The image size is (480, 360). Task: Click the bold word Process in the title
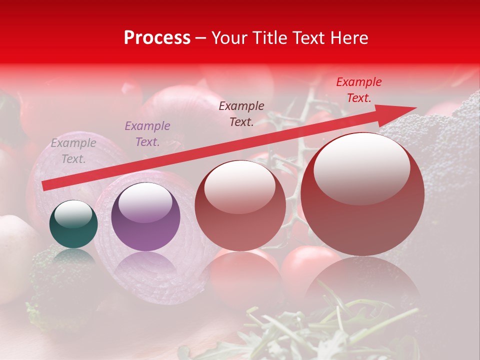coord(157,38)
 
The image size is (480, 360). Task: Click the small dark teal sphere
coord(73,224)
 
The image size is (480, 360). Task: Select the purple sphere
coord(145,217)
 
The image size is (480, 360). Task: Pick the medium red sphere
coord(240,205)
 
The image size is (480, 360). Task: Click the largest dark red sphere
coord(362,194)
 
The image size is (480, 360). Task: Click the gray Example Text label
coord(73,151)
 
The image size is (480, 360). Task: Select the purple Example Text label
coord(147,133)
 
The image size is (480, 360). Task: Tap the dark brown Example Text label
coord(241,113)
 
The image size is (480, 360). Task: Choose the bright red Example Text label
coord(359,90)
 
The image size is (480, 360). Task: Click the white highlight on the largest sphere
coord(362,167)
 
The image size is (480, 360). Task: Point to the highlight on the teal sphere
coord(73,214)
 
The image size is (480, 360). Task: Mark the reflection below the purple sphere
coord(145,267)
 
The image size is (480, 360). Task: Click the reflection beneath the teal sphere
coord(73,256)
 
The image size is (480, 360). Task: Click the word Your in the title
coord(229,38)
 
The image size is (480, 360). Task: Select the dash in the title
coord(201,38)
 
